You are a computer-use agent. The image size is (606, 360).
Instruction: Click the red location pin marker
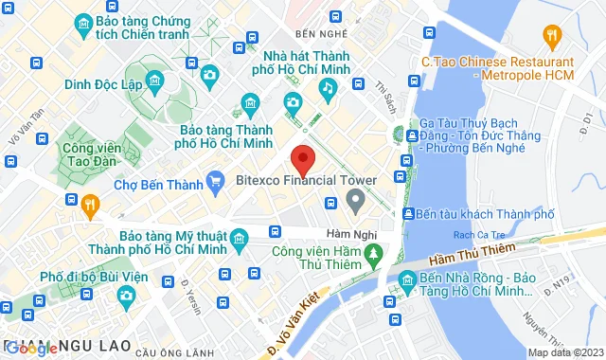pos(302,157)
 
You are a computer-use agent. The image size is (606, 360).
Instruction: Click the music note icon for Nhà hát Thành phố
pos(327,88)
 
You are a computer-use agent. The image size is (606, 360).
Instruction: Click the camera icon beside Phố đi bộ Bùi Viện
pos(125,297)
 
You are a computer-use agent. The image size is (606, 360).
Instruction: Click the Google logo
pos(31,348)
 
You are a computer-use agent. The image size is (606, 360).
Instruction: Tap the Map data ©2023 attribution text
pos(563,352)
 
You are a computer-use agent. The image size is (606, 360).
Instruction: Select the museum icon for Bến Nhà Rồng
pos(406,279)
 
